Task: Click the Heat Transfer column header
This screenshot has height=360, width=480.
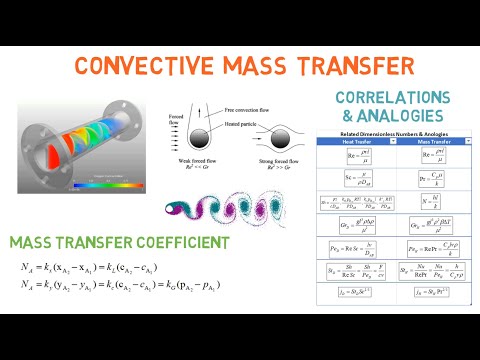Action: tap(347, 141)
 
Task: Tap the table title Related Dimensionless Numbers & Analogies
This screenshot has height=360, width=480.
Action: tap(392, 134)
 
